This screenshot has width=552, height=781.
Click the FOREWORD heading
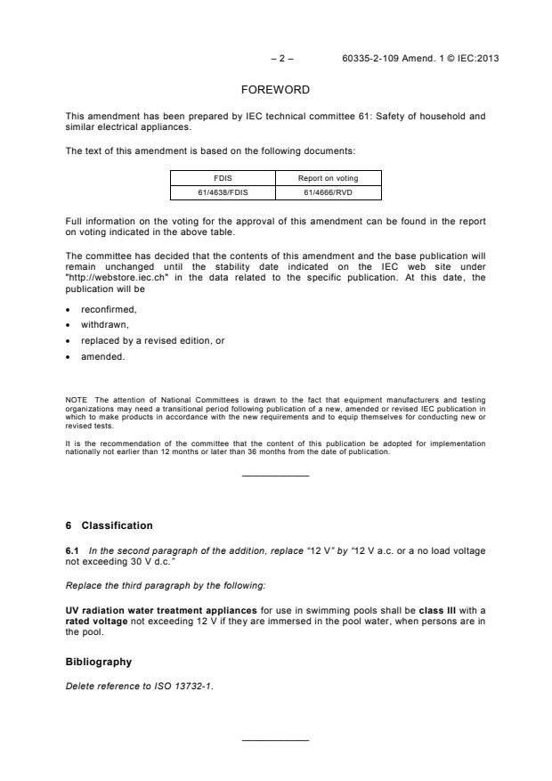(x=276, y=90)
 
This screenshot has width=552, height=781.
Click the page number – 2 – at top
(x=282, y=58)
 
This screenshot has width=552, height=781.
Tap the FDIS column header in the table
(x=223, y=178)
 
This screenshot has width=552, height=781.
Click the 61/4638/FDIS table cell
(x=223, y=191)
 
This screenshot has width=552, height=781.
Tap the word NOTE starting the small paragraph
(x=75, y=401)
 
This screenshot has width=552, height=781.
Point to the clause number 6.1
(x=73, y=550)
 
